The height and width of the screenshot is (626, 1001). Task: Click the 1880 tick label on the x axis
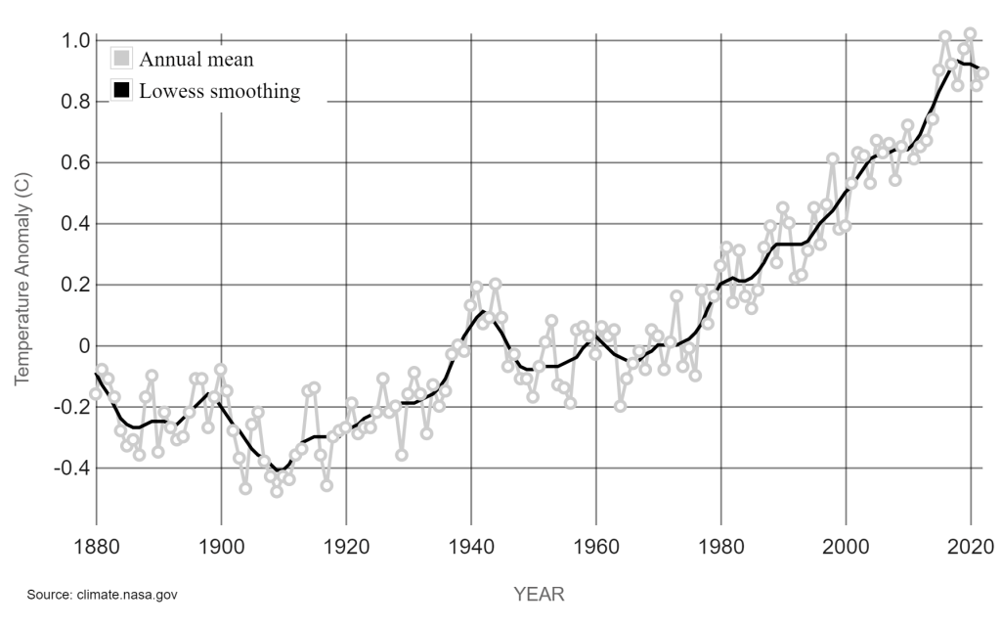(96, 546)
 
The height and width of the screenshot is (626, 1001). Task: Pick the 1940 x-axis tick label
(471, 546)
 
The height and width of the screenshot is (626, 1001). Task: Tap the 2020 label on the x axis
(972, 546)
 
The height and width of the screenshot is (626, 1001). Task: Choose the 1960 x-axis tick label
(596, 546)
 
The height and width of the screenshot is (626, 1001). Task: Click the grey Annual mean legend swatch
(122, 58)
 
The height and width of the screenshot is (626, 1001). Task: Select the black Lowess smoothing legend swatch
(122, 91)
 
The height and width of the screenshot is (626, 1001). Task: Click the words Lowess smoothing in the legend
(219, 92)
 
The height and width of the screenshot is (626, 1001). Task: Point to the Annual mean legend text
(196, 59)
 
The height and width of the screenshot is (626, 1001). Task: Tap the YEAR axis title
(539, 594)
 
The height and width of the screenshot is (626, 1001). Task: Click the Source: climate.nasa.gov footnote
(102, 594)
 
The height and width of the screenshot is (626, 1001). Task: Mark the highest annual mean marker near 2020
(971, 34)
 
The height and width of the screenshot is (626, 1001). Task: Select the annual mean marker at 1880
(96, 394)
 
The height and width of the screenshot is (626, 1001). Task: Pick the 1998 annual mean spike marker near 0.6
(833, 158)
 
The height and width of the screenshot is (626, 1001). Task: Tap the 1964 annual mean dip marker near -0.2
(620, 406)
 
